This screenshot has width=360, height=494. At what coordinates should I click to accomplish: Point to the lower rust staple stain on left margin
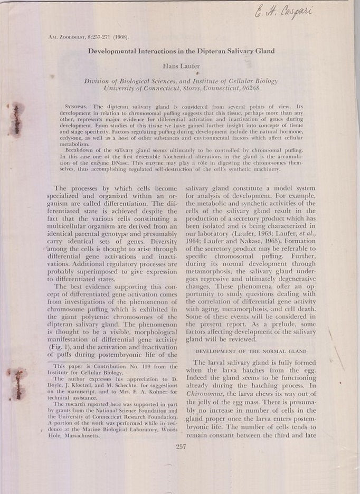pyautogui.click(x=18, y=384)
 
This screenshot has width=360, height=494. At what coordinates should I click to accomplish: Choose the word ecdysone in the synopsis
pyautogui.click(x=73, y=138)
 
